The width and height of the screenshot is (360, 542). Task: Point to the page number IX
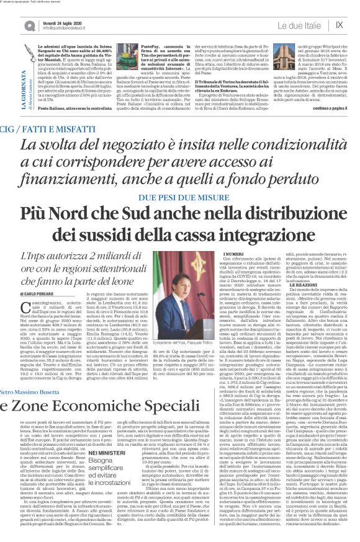tap(339, 25)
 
